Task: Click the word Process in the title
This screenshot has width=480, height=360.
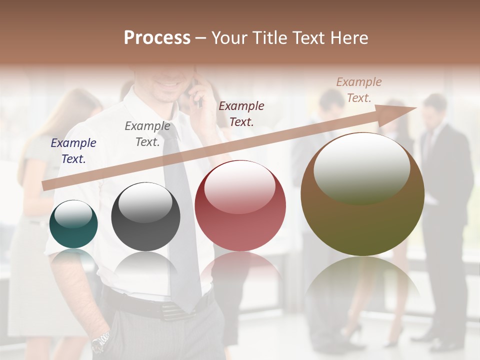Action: point(157,38)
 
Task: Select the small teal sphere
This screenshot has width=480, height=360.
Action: point(73,224)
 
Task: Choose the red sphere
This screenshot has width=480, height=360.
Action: point(240,205)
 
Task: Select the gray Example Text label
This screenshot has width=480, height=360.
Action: point(147,134)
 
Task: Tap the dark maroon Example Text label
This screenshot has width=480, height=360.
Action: point(241,113)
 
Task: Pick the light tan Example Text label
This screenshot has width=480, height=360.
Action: point(359,89)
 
